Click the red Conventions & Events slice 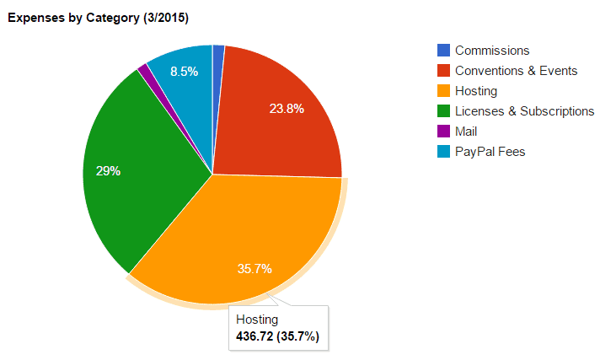[x=278, y=118]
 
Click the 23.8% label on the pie [x=287, y=109]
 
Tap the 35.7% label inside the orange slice [x=254, y=269]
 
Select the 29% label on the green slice [x=108, y=171]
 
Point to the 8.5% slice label [x=184, y=72]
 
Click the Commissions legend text [x=492, y=51]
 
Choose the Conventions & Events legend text [x=516, y=71]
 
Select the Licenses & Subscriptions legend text [x=524, y=111]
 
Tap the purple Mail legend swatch [x=443, y=132]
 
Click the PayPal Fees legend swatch [x=443, y=152]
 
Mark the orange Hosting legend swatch [x=443, y=91]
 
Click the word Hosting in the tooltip [x=257, y=320]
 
